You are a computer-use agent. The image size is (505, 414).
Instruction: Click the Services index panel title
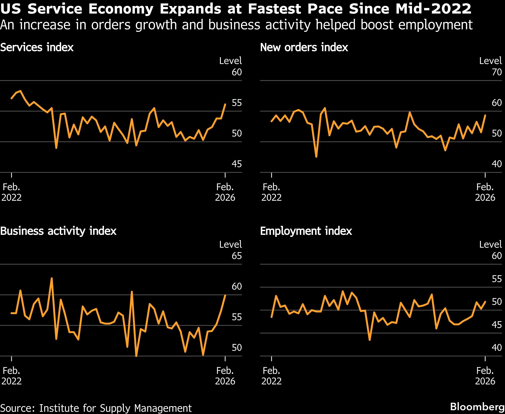[37, 47]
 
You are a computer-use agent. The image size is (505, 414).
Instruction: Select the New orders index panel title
[304, 47]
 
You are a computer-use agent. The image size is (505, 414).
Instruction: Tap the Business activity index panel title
[58, 231]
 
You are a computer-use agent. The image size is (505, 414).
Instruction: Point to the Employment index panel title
[306, 231]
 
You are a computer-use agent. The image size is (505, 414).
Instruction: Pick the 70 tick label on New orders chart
[497, 72]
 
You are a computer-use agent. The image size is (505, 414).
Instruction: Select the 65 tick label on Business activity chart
[237, 256]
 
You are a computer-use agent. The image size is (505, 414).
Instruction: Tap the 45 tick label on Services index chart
[237, 164]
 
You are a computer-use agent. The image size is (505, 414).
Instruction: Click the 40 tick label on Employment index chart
[497, 348]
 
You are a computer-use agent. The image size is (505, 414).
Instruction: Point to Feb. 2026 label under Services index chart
[225, 192]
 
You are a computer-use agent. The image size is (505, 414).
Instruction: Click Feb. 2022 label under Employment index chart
[272, 376]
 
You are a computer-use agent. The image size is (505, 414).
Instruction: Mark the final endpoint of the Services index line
[225, 104]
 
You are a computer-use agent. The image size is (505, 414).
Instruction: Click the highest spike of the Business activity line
[52, 278]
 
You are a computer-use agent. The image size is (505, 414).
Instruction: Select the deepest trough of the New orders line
[316, 157]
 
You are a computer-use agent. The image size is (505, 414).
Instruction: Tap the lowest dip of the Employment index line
[370, 340]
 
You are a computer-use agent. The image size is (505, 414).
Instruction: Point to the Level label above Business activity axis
[230, 244]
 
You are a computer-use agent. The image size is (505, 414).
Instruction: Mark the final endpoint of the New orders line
[485, 115]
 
